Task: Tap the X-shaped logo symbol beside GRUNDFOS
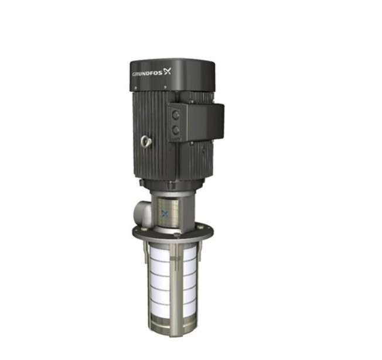[168, 71]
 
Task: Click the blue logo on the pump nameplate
[165, 213]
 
